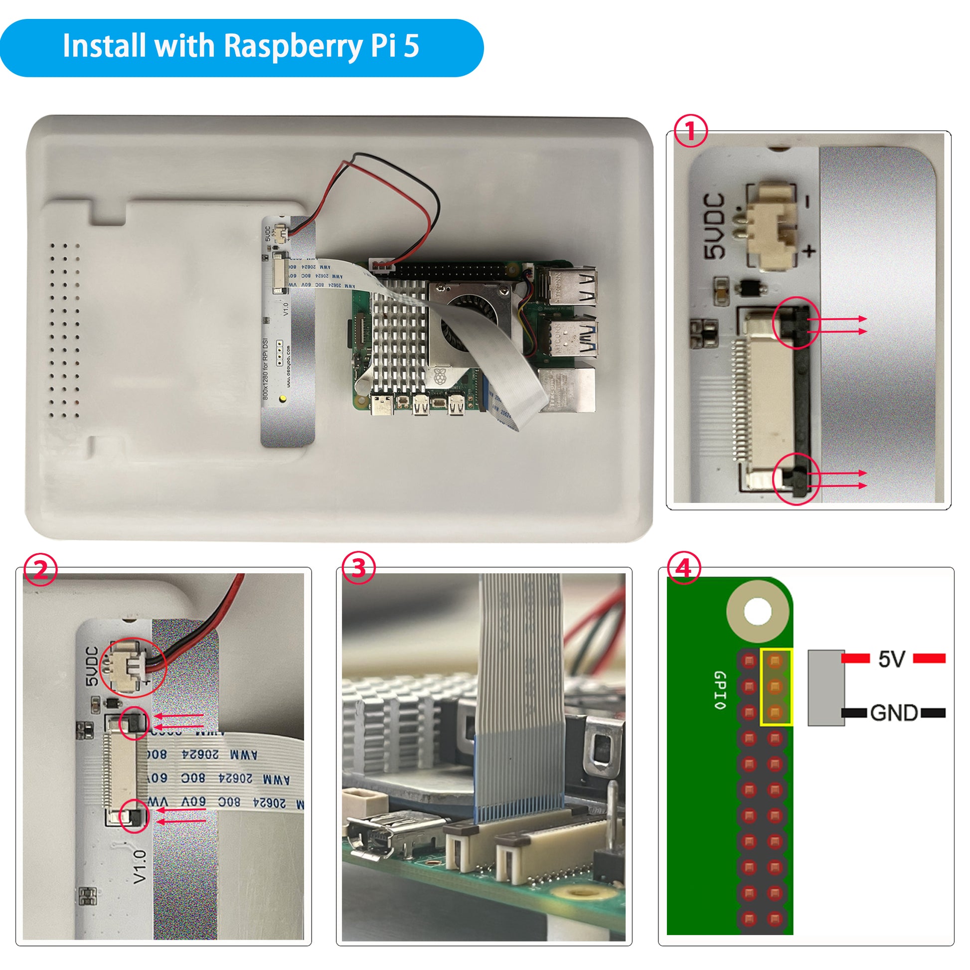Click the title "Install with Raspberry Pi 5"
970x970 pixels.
[x=241, y=46]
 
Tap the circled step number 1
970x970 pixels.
[x=690, y=131]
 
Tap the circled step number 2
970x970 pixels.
[x=41, y=569]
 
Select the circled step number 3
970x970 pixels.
[x=358, y=568]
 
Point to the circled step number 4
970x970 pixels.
[x=683, y=568]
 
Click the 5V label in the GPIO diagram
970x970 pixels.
[x=892, y=659]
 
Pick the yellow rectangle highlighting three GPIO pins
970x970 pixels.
[x=776, y=687]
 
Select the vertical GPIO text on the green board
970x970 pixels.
[x=719, y=690]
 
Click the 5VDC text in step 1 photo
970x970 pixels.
[x=714, y=226]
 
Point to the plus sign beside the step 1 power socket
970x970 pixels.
[x=809, y=250]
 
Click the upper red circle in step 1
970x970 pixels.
[x=796, y=323]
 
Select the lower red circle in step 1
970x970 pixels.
[x=796, y=479]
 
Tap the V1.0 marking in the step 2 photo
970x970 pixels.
[x=140, y=867]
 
